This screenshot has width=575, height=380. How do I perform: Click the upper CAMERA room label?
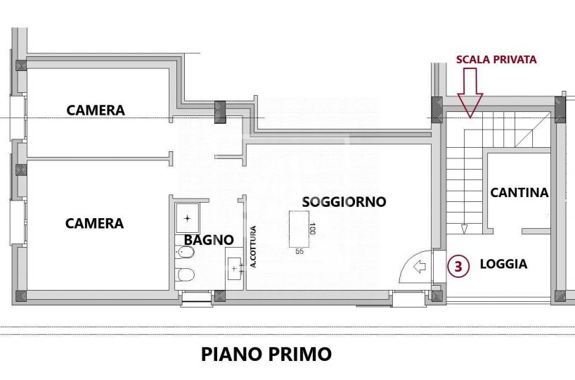(96, 110)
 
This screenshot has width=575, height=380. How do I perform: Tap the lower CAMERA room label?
(94, 223)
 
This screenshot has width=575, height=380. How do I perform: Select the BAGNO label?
(209, 240)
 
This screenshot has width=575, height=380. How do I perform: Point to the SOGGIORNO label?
(344, 201)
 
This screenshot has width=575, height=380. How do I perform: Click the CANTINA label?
(519, 192)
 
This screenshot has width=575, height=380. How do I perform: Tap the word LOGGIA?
(503, 264)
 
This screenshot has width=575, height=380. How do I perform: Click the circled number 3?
(458, 266)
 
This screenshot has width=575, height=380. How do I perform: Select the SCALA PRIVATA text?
(496, 60)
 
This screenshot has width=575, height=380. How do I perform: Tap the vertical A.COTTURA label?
(253, 247)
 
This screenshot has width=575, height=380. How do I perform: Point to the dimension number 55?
(299, 251)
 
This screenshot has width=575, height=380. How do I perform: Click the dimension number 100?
(312, 229)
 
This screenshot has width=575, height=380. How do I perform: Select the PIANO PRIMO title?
(266, 354)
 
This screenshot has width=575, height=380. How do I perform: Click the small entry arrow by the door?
(419, 267)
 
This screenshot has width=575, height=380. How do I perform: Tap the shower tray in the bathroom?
(188, 218)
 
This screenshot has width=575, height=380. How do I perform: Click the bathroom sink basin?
(235, 268)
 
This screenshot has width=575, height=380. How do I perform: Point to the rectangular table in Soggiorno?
(299, 229)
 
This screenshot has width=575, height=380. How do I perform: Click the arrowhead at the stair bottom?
(464, 229)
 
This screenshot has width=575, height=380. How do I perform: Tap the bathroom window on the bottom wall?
(197, 297)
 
